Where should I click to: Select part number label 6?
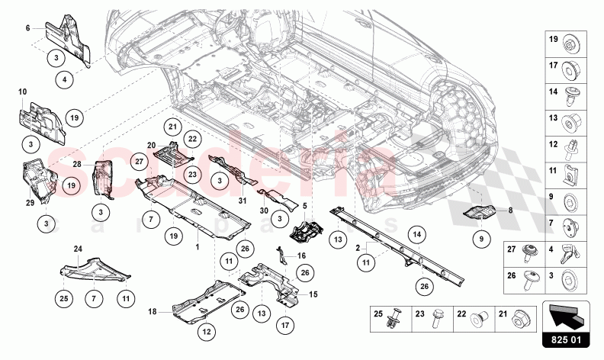(x=27, y=27)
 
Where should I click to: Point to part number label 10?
(x=23, y=92)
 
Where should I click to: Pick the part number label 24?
(x=77, y=249)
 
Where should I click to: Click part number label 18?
(x=153, y=311)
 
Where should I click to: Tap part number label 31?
(x=243, y=201)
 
